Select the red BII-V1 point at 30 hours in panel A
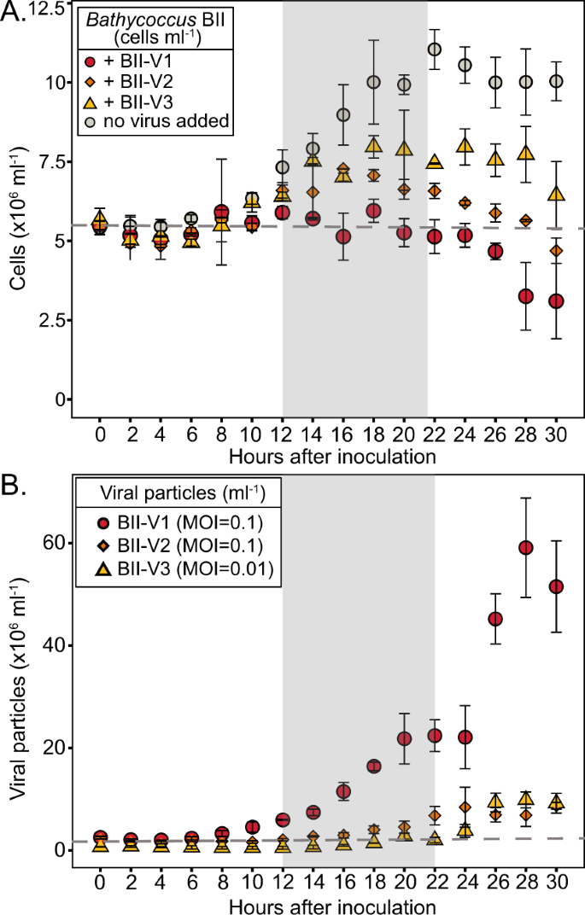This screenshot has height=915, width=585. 556,301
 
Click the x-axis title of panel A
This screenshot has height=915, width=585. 332,456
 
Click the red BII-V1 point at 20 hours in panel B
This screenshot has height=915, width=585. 405,738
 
